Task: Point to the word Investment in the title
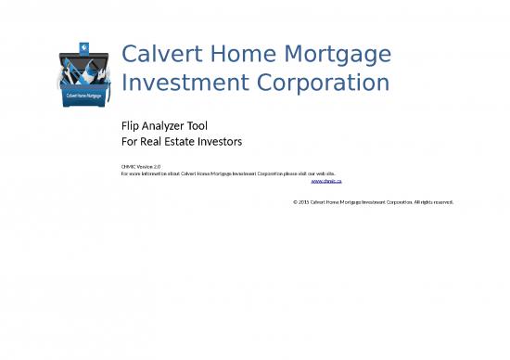click(180, 84)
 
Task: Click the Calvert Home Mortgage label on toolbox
click(84, 95)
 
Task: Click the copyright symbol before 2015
click(294, 201)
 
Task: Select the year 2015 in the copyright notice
click(303, 201)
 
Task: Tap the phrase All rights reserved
click(433, 201)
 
